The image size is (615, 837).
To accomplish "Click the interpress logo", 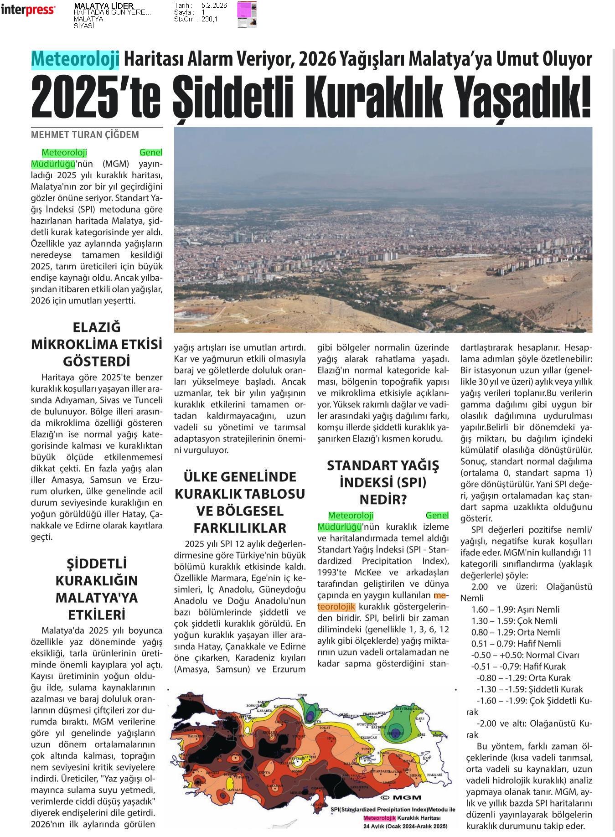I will point(28,10).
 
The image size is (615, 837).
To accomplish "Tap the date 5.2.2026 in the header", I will point(214,5).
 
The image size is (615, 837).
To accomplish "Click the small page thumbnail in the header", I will point(247,15).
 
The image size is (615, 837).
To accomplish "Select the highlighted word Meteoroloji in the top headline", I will point(75,59).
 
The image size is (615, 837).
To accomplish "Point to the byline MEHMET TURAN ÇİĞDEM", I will point(85,135).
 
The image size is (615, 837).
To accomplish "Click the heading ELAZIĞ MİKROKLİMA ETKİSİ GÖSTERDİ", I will point(97,344).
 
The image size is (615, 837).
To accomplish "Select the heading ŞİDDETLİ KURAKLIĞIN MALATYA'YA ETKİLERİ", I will point(97,589).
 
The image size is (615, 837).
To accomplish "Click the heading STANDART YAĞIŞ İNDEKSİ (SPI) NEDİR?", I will point(383,482).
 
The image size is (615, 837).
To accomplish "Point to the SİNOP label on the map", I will point(302,696).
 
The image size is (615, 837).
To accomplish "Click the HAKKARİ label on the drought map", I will point(434,774).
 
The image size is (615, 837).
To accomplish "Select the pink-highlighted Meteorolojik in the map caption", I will point(379,818).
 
